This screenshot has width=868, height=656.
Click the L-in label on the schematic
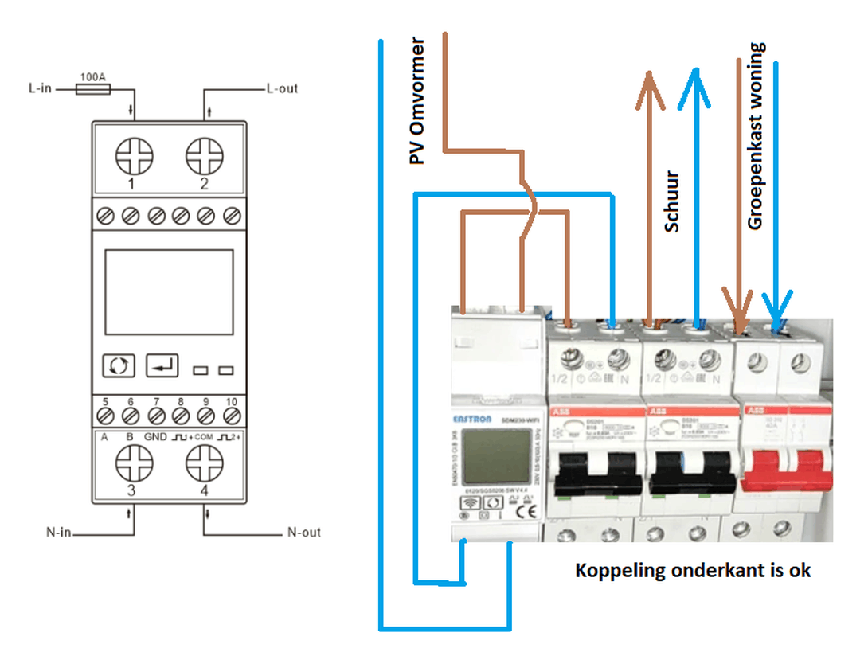point(40,88)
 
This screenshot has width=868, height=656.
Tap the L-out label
point(281,88)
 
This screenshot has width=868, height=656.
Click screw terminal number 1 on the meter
point(132,155)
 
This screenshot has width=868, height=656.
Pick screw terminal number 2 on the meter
point(204,155)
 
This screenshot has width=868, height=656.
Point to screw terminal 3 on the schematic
point(132,463)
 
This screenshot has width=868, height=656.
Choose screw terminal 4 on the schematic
point(204,463)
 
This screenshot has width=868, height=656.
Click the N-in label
point(57,532)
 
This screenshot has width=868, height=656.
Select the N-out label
point(303,532)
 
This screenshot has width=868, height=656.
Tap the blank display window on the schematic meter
point(168,292)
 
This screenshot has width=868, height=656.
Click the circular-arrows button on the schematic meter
point(119,366)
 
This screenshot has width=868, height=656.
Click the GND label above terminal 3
point(155,437)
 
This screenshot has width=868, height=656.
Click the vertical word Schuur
point(672,201)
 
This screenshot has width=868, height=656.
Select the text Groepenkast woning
point(755,137)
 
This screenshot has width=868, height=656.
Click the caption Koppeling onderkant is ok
point(693,570)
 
